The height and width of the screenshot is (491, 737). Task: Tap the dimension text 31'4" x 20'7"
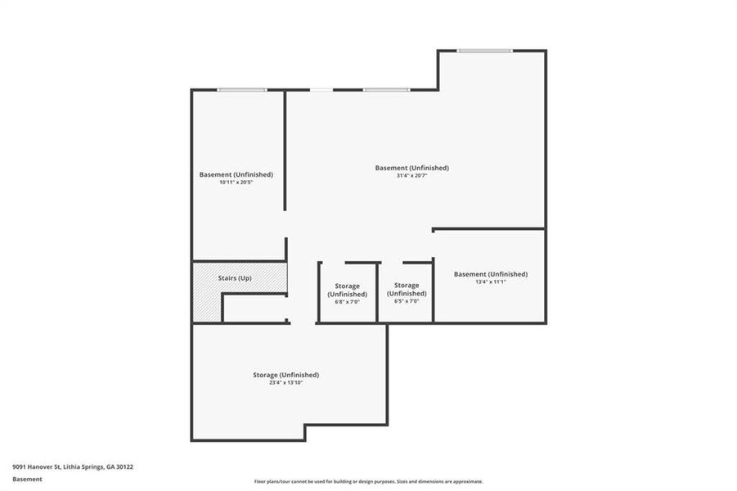tap(411, 176)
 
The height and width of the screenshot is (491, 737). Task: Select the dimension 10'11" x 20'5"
tap(236, 182)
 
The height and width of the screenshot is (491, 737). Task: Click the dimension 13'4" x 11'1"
tap(490, 282)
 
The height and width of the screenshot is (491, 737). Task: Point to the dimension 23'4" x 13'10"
tap(285, 382)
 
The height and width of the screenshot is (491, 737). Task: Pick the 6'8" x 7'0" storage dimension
tap(347, 302)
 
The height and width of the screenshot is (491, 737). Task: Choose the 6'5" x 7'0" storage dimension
tap(407, 301)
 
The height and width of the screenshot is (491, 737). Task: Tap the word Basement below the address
tap(27, 479)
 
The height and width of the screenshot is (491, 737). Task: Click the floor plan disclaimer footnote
tap(368, 482)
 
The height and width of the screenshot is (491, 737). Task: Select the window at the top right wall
tap(484, 51)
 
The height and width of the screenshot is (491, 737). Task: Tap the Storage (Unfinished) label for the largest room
tap(285, 375)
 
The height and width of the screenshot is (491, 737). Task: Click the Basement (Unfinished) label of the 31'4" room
tap(411, 168)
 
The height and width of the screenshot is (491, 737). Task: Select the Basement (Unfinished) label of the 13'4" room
tap(490, 274)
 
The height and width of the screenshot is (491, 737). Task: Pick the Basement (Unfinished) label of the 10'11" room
tap(236, 174)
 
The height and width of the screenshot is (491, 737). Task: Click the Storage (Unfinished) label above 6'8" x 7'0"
tap(347, 290)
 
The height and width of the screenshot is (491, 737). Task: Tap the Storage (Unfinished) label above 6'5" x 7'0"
tap(407, 289)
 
